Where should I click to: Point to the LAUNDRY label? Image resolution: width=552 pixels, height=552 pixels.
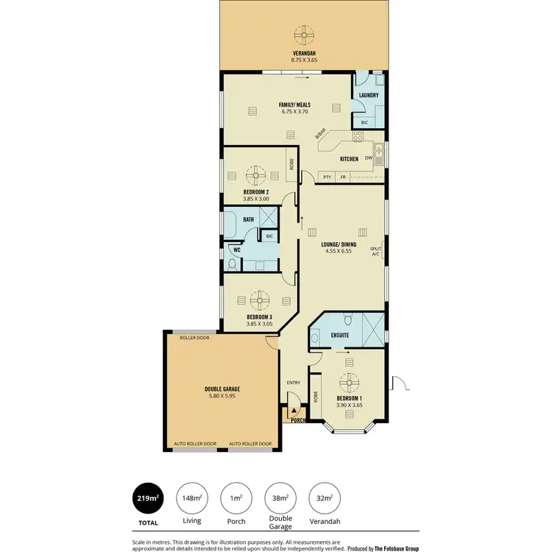368,96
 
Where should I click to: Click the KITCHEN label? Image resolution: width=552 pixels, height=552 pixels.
349,159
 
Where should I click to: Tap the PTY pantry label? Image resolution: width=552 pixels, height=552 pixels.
327,177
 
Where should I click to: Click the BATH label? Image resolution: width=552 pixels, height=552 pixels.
249,219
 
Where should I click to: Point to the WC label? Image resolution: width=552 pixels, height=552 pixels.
236,250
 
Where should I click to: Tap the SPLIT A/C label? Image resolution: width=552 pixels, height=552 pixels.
376,251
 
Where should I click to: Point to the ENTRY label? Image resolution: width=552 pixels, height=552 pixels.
294,383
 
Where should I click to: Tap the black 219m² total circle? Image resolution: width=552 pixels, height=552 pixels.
147,498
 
